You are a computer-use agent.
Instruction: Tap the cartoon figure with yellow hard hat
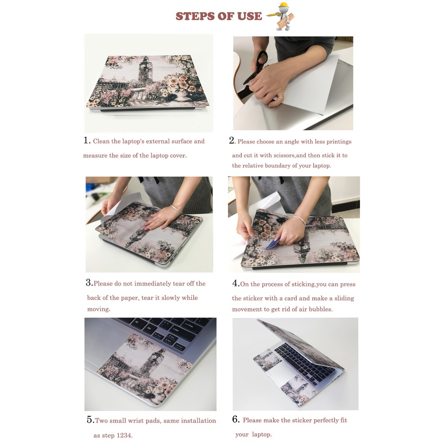click(x=281, y=16)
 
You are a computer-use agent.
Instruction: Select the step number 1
click(x=87, y=140)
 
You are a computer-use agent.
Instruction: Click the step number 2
click(x=232, y=141)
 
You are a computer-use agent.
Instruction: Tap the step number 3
click(x=89, y=282)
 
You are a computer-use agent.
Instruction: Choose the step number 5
click(x=90, y=420)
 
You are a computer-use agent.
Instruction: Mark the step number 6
click(x=236, y=419)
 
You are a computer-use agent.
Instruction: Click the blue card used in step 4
click(x=273, y=244)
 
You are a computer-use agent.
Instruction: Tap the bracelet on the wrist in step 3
click(x=177, y=209)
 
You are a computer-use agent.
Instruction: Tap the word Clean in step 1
click(x=101, y=141)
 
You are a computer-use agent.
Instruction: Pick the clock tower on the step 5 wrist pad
click(x=153, y=363)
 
